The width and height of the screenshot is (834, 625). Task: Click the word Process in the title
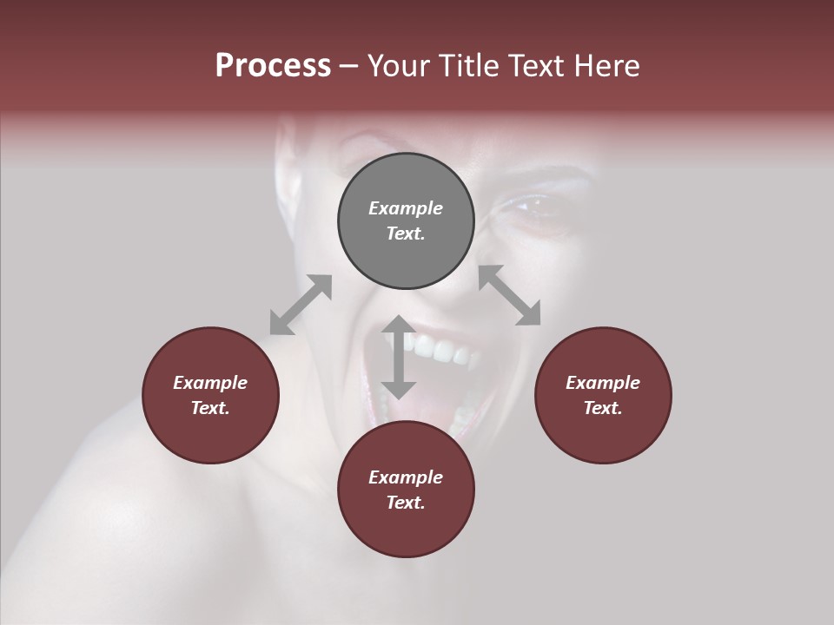(273, 66)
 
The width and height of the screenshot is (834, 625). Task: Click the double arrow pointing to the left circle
(301, 305)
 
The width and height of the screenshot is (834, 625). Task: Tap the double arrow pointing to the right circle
(509, 296)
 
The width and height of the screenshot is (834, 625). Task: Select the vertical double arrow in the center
(398, 357)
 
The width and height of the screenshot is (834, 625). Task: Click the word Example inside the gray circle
(406, 208)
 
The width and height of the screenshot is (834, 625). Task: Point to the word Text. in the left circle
(210, 408)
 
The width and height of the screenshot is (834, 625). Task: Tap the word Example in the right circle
(603, 383)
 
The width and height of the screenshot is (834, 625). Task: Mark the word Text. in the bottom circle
(406, 503)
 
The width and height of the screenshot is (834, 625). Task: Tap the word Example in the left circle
(210, 383)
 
